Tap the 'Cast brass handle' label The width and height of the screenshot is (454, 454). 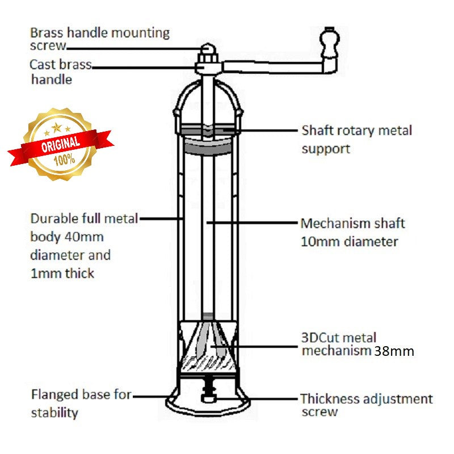tap(60, 72)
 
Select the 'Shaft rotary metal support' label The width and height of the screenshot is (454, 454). tap(356, 139)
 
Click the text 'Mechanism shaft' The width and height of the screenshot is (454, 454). tap(352, 223)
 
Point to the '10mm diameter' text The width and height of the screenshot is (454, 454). tap(349, 242)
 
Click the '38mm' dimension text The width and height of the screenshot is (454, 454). tap(394, 351)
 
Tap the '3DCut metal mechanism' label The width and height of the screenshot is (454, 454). tap(338, 344)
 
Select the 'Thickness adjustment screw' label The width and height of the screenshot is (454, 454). tap(366, 405)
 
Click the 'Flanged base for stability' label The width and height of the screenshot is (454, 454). tap(81, 403)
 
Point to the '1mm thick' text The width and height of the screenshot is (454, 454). tap(62, 273)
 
